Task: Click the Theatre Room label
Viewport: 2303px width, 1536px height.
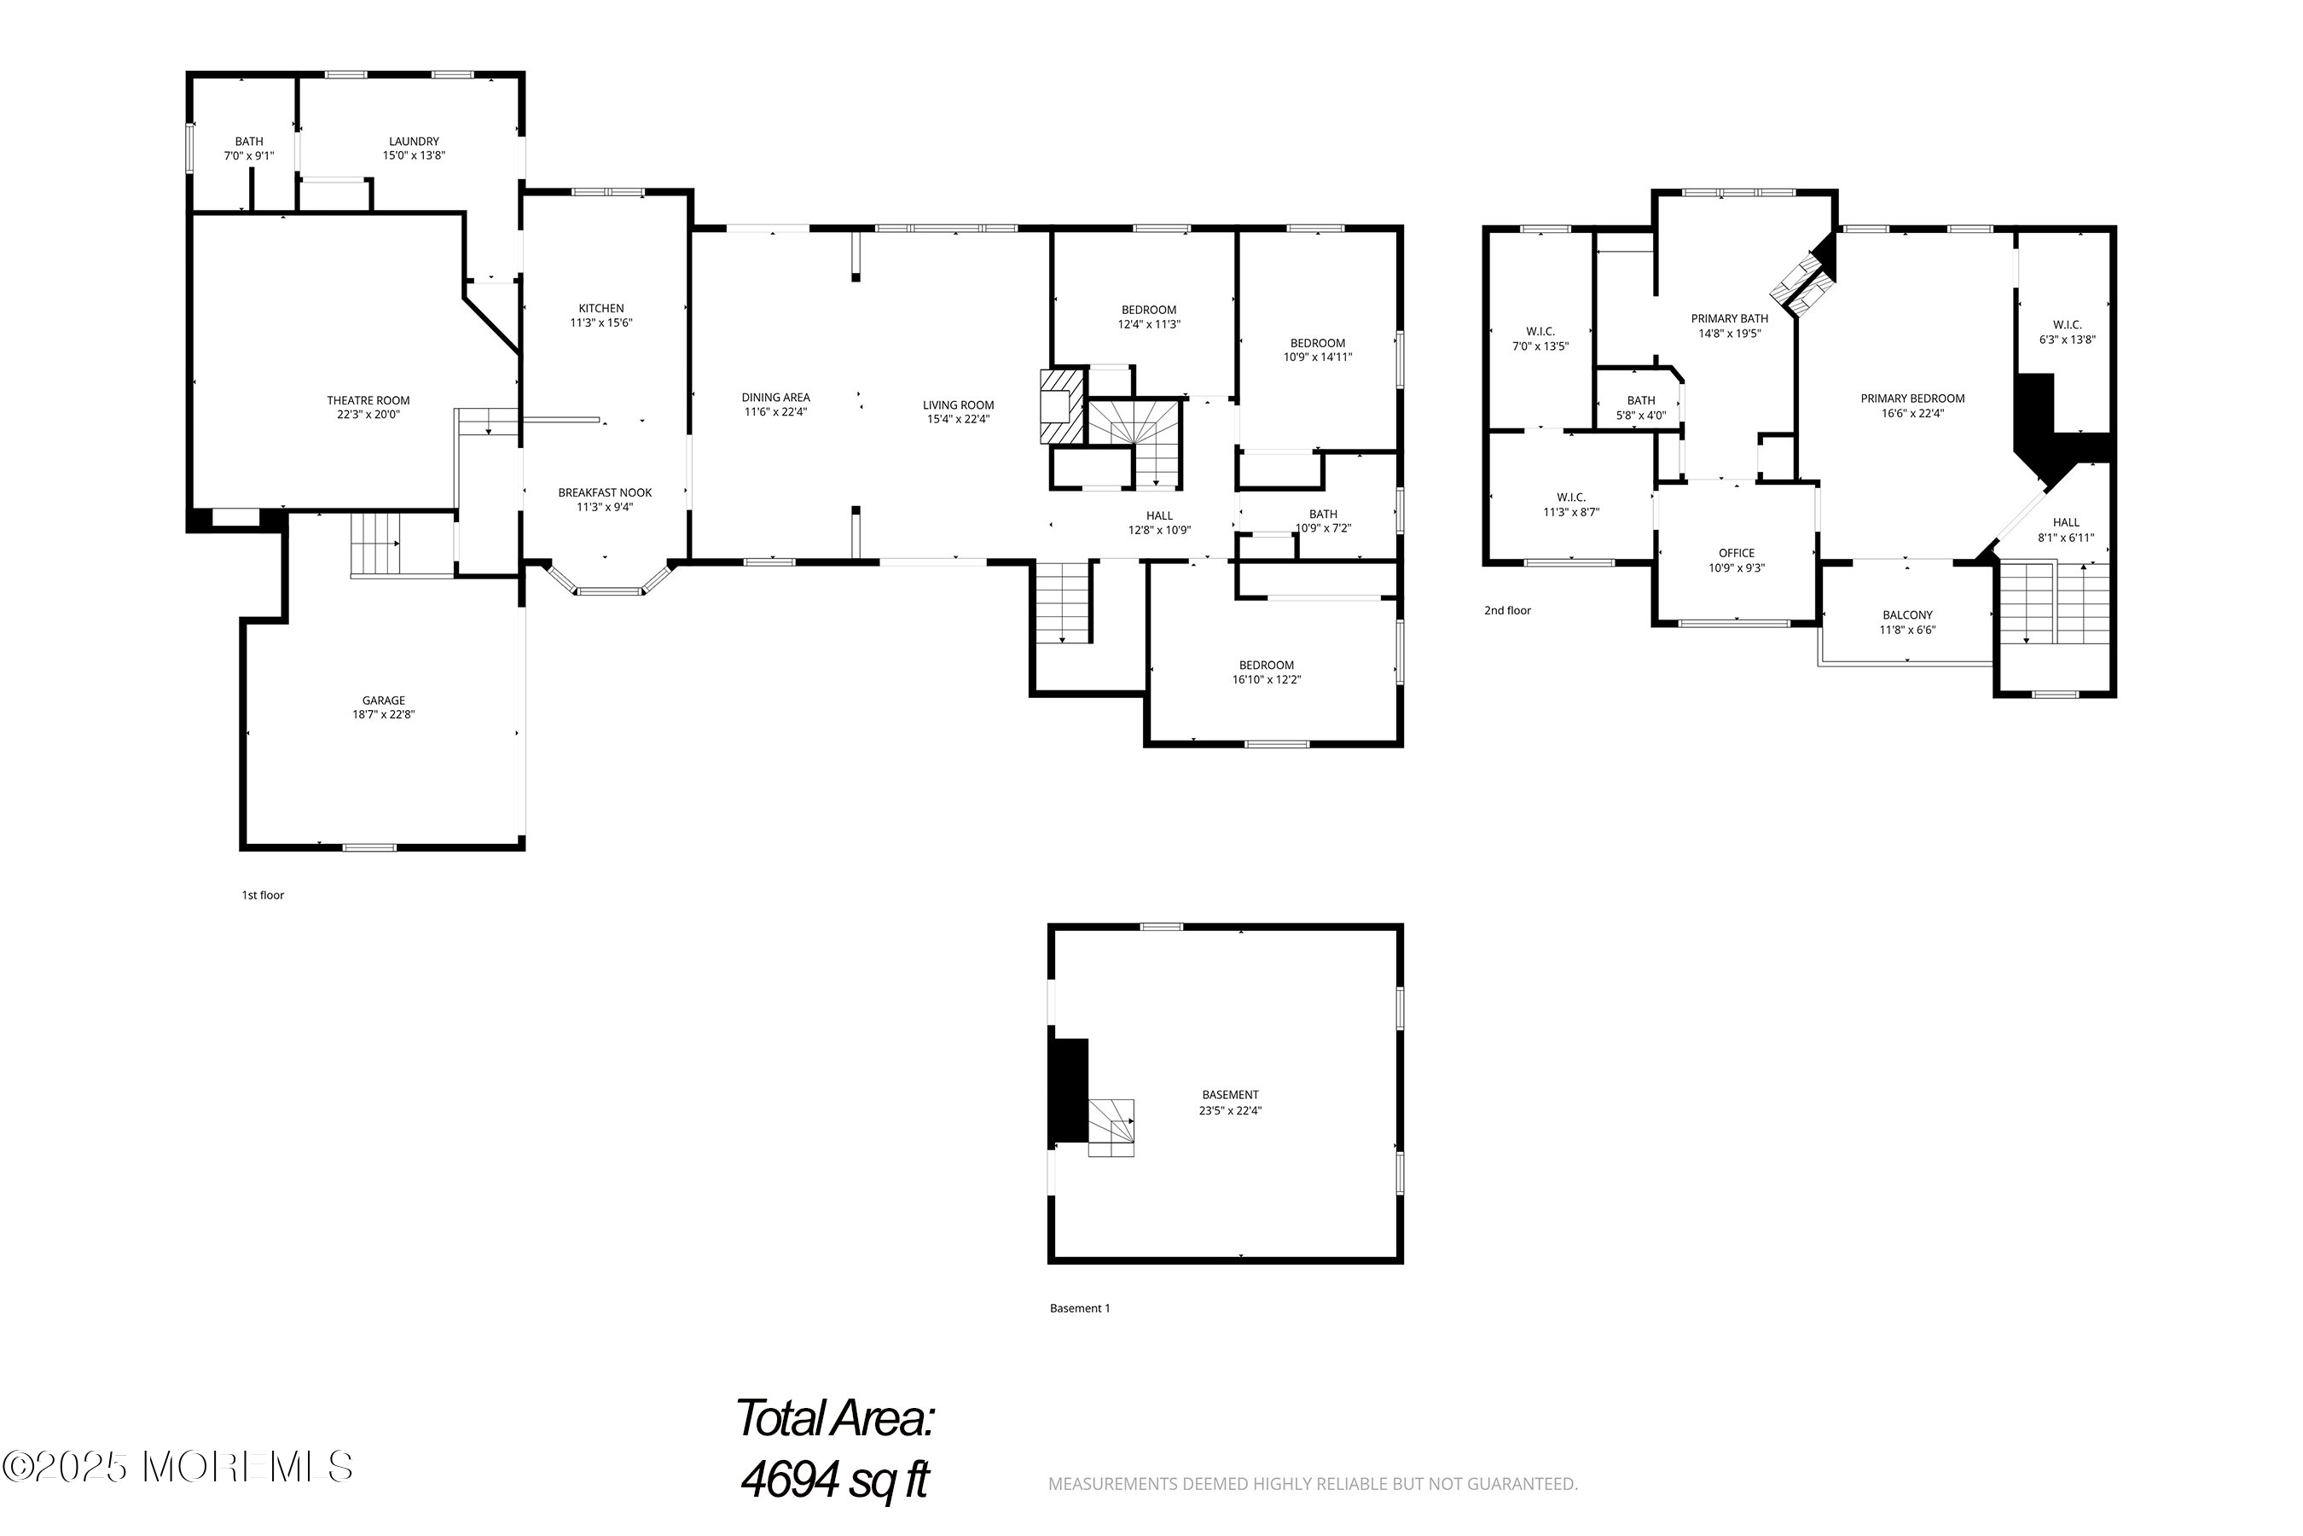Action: (368, 399)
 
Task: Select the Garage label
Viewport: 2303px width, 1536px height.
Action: (383, 701)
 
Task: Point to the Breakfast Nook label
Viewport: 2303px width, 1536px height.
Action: (604, 492)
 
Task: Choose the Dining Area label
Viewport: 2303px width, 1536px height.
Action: (774, 398)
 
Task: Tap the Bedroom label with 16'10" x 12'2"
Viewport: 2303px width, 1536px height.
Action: (1266, 665)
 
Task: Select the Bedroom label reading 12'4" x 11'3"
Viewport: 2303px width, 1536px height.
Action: (1149, 311)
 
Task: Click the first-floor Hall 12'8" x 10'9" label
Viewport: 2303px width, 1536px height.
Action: (1159, 516)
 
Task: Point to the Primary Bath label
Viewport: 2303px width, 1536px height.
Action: (1729, 318)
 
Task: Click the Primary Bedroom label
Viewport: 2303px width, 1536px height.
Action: (1911, 399)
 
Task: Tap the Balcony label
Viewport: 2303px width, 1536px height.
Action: (1906, 615)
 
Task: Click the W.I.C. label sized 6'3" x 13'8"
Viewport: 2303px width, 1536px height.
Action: (2067, 325)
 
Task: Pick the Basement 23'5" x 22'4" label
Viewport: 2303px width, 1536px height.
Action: (1230, 1095)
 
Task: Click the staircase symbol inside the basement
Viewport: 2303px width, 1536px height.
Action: (1111, 1127)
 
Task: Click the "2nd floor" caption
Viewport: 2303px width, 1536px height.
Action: (1507, 610)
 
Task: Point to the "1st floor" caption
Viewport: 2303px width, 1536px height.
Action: (263, 895)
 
